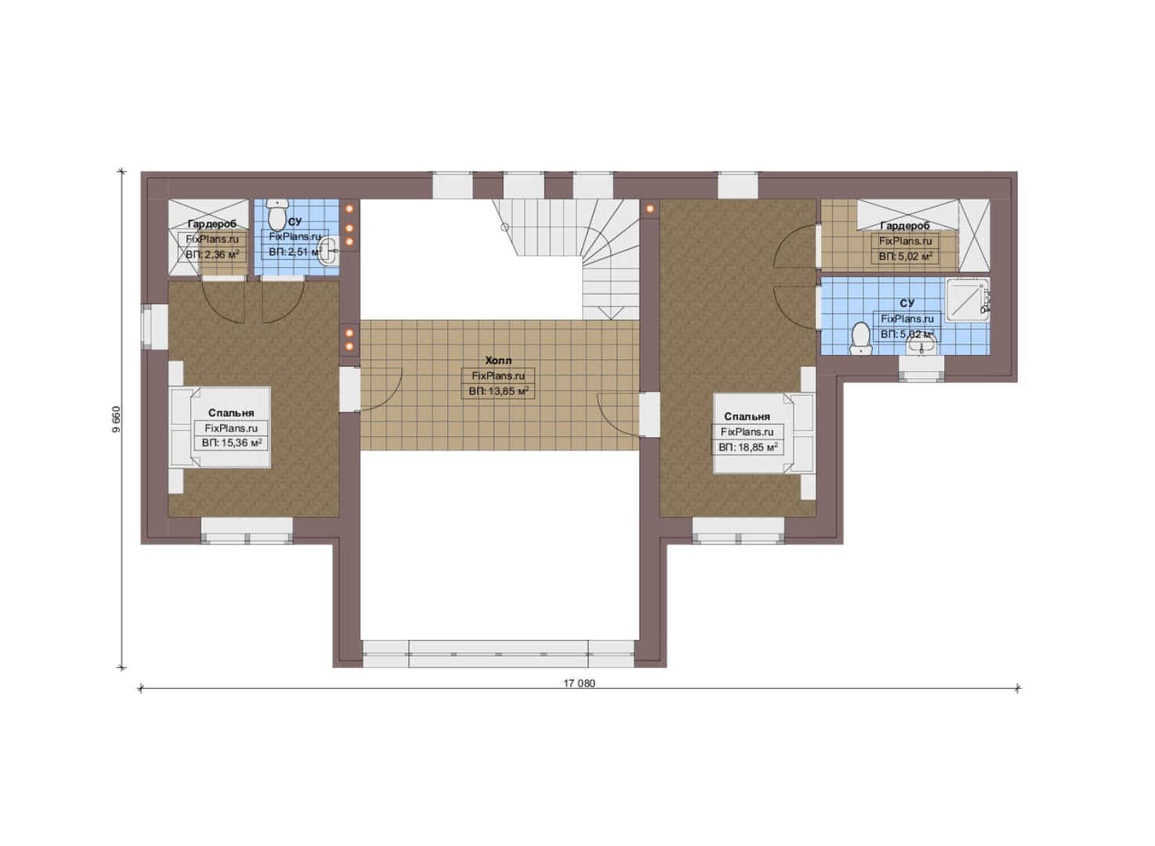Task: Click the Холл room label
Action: (498, 360)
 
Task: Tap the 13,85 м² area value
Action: (498, 392)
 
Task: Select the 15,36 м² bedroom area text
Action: (231, 443)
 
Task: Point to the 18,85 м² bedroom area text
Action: (748, 447)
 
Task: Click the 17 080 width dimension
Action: (579, 683)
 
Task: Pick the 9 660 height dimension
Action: (117, 419)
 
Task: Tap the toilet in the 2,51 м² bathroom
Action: (277, 215)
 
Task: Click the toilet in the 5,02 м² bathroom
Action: (860, 338)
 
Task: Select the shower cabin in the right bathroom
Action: (967, 299)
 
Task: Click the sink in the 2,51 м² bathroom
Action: (328, 251)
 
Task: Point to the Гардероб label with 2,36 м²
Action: (212, 224)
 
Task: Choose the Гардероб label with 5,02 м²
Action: (905, 226)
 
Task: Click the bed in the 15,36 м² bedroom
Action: (221, 428)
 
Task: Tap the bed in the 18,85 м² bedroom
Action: (764, 433)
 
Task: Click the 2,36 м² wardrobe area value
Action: (212, 254)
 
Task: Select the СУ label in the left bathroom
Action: (295, 222)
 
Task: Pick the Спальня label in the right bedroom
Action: (747, 417)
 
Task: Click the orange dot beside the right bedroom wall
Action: (650, 209)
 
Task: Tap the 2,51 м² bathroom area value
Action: (295, 252)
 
